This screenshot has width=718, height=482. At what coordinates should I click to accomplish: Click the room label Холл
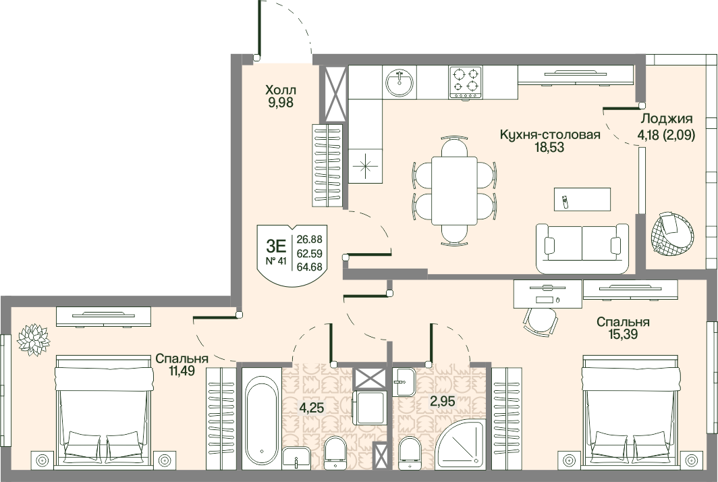[281, 89]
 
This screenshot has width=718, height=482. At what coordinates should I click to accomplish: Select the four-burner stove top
[466, 82]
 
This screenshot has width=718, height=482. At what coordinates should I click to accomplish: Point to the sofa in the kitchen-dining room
[582, 248]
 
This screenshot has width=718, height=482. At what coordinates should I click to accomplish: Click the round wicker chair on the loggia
[671, 234]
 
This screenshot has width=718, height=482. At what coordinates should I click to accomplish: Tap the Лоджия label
[666, 118]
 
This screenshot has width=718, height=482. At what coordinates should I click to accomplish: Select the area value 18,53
[549, 148]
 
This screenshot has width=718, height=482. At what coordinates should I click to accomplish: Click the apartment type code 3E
[275, 246]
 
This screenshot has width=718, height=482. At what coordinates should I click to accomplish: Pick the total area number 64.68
[310, 267]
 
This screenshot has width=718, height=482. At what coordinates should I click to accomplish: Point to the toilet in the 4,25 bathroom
[335, 453]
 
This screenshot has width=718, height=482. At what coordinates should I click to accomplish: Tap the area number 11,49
[182, 371]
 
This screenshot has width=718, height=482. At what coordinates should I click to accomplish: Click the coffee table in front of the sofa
[582, 199]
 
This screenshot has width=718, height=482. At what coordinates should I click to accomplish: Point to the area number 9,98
[281, 102]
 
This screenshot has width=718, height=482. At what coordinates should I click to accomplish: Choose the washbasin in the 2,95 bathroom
[404, 381]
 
